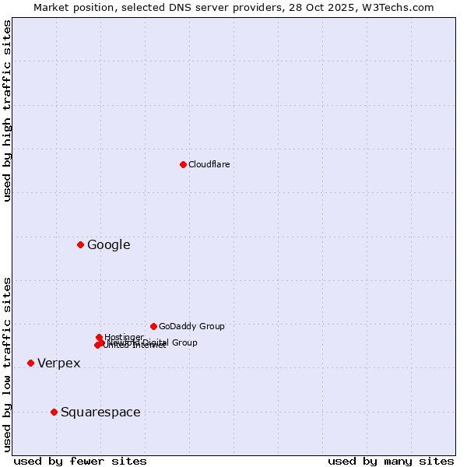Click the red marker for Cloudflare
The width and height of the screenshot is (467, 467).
point(183,164)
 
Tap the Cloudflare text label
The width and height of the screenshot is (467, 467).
point(209,164)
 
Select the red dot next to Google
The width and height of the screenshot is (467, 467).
point(80,244)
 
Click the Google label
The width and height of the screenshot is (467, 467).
point(108,245)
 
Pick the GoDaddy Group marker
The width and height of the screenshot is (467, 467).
point(153,326)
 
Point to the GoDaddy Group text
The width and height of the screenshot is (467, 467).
point(191,326)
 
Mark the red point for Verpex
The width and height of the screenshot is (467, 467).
point(30,363)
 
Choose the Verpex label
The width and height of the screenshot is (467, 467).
point(58,363)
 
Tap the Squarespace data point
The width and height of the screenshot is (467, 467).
point(54,412)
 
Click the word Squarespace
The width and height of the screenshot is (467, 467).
point(100,413)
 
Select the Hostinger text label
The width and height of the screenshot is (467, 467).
point(124,337)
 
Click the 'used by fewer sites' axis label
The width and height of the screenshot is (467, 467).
point(80,461)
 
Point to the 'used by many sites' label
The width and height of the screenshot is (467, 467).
point(391,461)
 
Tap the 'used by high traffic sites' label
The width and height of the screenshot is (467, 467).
point(8,111)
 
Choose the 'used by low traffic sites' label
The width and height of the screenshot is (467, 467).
point(8,363)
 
